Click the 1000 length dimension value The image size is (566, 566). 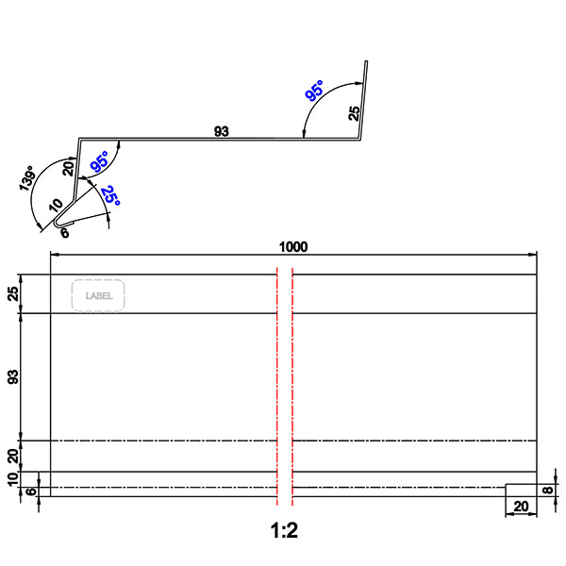point(293,247)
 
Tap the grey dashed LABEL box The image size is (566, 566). point(99,295)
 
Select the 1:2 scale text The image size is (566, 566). point(284,531)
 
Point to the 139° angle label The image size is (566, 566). point(28,179)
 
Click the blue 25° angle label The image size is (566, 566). point(110,196)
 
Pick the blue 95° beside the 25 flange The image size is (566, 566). point(314,92)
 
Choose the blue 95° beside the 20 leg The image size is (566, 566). point(99,161)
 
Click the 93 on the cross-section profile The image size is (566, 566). point(222,132)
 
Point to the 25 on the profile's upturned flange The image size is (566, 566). point(354,113)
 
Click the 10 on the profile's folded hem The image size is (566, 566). point(57,205)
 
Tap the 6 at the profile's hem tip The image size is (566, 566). point(64,231)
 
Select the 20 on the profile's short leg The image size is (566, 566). point(68,168)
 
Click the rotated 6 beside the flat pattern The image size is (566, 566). point(32,491)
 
